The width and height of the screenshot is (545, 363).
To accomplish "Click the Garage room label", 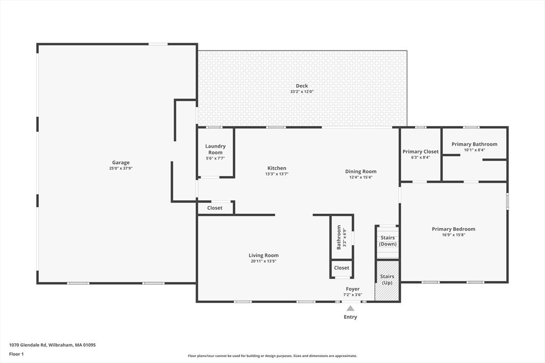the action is [x=121, y=163].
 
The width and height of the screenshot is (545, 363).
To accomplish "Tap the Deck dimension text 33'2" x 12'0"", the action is [x=302, y=91].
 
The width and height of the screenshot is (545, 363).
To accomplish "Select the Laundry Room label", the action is [x=215, y=149].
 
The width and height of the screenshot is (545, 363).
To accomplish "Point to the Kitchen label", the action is [x=277, y=168].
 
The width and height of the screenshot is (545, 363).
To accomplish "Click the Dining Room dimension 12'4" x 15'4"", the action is [x=361, y=177].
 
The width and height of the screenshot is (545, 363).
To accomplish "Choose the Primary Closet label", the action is [x=420, y=151].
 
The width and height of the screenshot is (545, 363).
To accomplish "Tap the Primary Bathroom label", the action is [x=474, y=144].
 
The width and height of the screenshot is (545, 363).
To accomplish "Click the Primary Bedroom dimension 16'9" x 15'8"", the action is [x=453, y=234].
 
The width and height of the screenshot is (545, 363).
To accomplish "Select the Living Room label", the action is [x=263, y=256].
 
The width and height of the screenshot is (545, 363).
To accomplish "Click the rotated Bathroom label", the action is [x=339, y=238].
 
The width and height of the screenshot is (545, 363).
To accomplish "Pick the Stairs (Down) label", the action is [x=387, y=241].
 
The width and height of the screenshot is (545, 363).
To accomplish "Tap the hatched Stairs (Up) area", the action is [x=387, y=281].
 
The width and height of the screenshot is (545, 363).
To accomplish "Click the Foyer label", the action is [x=352, y=289].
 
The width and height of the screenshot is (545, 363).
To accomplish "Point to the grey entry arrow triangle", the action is [x=350, y=308].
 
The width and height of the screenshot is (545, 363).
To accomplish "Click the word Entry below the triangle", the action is [x=350, y=317].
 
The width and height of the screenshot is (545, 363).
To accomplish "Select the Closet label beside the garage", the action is [x=214, y=208].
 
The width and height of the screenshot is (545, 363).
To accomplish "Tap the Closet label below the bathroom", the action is [x=341, y=268].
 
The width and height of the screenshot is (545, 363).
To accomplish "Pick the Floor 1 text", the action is [x=16, y=354].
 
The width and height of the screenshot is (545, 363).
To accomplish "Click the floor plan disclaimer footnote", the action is [x=272, y=356].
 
